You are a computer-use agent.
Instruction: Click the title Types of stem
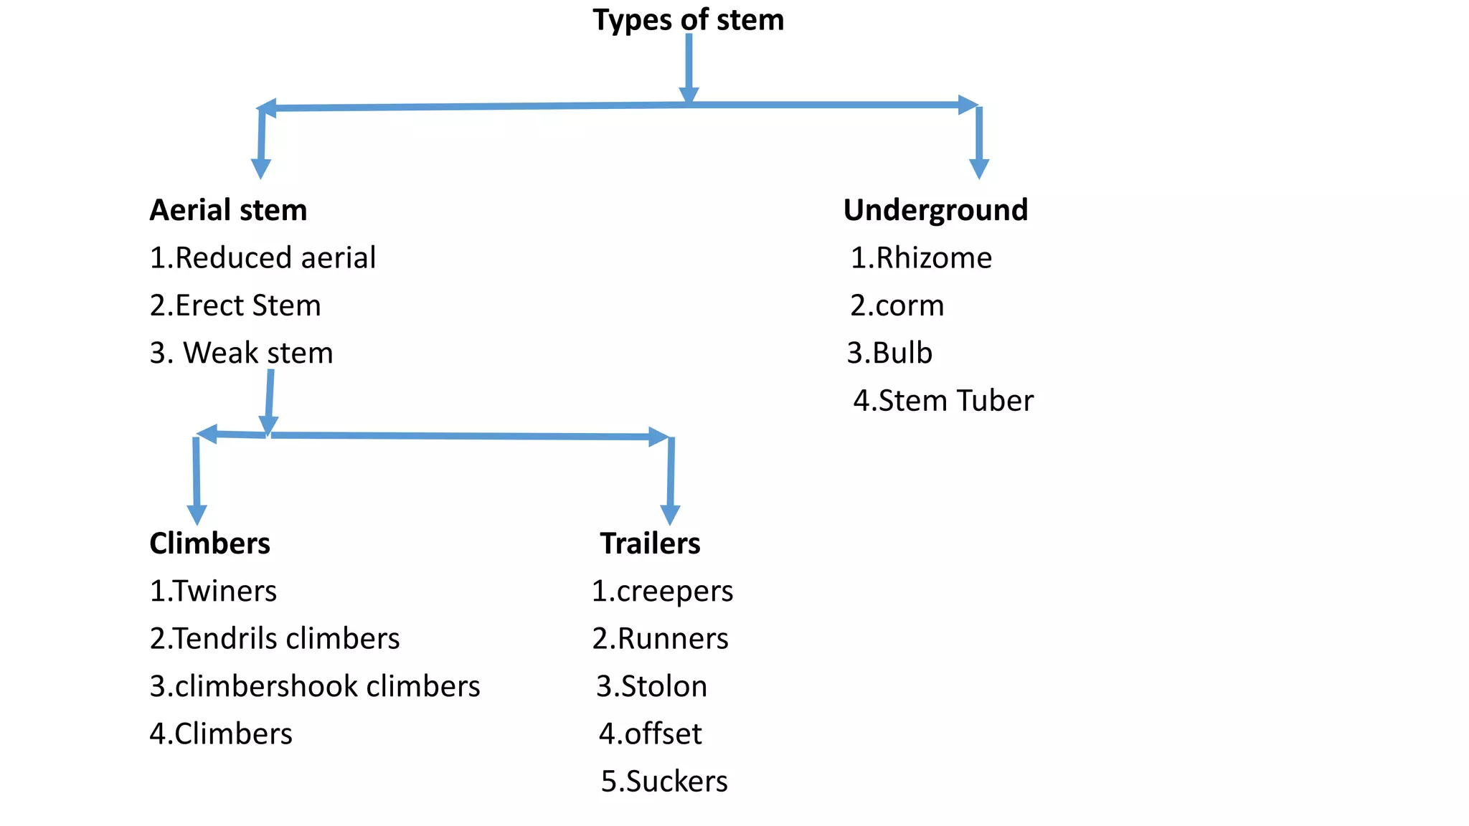pyautogui.click(x=688, y=19)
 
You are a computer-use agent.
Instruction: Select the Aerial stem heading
pyautogui.click(x=228, y=210)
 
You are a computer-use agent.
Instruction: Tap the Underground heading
pyautogui.click(x=935, y=210)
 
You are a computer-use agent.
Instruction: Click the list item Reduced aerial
pyautogui.click(x=263, y=258)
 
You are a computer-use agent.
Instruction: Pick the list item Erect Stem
pyautogui.click(x=235, y=305)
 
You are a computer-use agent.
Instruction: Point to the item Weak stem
pyautogui.click(x=242, y=353)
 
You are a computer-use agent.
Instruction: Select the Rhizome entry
pyautogui.click(x=921, y=258)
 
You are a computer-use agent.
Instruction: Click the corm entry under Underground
pyautogui.click(x=897, y=305)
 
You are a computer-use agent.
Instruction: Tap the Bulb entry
pyautogui.click(x=889, y=353)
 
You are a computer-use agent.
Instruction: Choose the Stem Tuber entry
pyautogui.click(x=943, y=401)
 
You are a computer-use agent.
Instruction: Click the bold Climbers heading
pyautogui.click(x=209, y=543)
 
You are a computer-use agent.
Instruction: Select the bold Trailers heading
pyautogui.click(x=650, y=543)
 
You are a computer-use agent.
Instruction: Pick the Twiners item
pyautogui.click(x=213, y=592)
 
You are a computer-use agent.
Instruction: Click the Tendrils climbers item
pyautogui.click(x=275, y=639)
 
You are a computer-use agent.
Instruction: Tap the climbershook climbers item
pyautogui.click(x=315, y=686)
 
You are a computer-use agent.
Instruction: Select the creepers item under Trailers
pyautogui.click(x=662, y=592)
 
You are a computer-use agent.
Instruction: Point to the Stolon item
pyautogui.click(x=651, y=686)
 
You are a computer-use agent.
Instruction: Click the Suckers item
pyautogui.click(x=664, y=782)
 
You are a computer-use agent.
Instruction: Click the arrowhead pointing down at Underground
pyautogui.click(x=978, y=168)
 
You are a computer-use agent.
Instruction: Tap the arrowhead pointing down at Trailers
pyautogui.click(x=670, y=515)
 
